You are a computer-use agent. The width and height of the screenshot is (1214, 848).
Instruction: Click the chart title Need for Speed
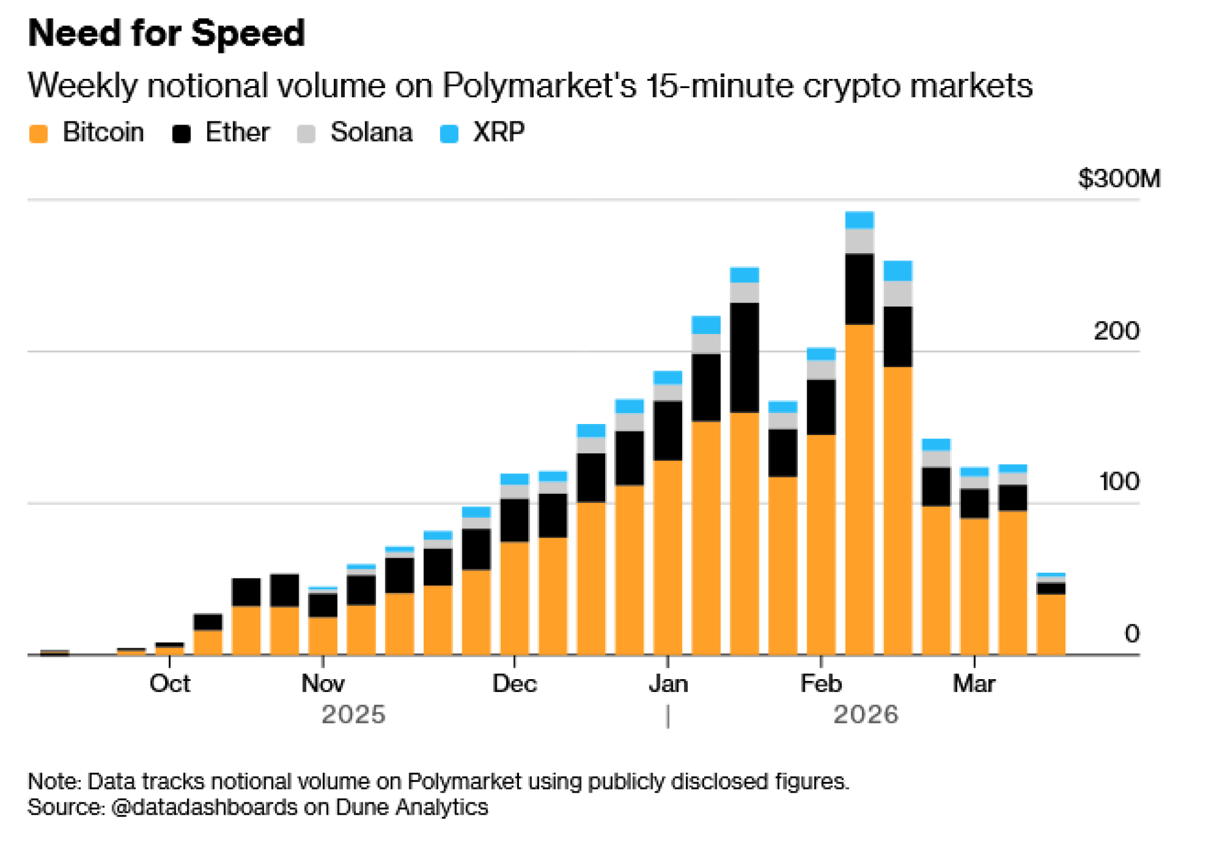tap(166, 33)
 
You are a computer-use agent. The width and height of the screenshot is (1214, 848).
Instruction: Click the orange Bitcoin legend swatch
tap(38, 134)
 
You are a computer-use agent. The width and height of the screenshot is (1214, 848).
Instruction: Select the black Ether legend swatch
tap(181, 134)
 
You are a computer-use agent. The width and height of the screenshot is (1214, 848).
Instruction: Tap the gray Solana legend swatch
tap(307, 134)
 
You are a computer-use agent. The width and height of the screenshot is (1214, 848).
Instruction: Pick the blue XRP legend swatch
tap(449, 134)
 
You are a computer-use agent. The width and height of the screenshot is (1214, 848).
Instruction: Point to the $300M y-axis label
tap(1119, 179)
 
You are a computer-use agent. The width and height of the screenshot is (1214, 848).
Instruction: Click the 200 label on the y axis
tap(1116, 331)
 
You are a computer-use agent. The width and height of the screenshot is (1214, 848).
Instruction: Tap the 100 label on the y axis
tap(1119, 482)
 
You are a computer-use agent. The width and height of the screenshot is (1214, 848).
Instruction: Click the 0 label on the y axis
tap(1131, 634)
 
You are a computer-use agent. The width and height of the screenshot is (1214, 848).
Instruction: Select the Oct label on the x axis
tap(170, 684)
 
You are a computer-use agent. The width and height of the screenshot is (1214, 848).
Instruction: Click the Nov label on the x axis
tap(323, 684)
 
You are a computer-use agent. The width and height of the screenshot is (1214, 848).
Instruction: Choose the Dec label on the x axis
tap(515, 684)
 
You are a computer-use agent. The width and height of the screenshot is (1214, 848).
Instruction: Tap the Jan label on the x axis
tap(668, 684)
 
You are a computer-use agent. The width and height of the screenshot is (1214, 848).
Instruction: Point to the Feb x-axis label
tap(821, 684)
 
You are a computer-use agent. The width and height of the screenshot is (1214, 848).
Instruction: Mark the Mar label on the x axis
tap(974, 684)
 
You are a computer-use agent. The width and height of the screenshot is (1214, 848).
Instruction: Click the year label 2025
tap(353, 714)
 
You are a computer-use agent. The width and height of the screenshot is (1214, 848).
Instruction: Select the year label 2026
tap(866, 714)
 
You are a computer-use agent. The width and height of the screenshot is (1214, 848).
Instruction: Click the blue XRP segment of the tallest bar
tap(860, 220)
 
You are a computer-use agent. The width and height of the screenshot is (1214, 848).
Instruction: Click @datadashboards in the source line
tap(205, 807)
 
